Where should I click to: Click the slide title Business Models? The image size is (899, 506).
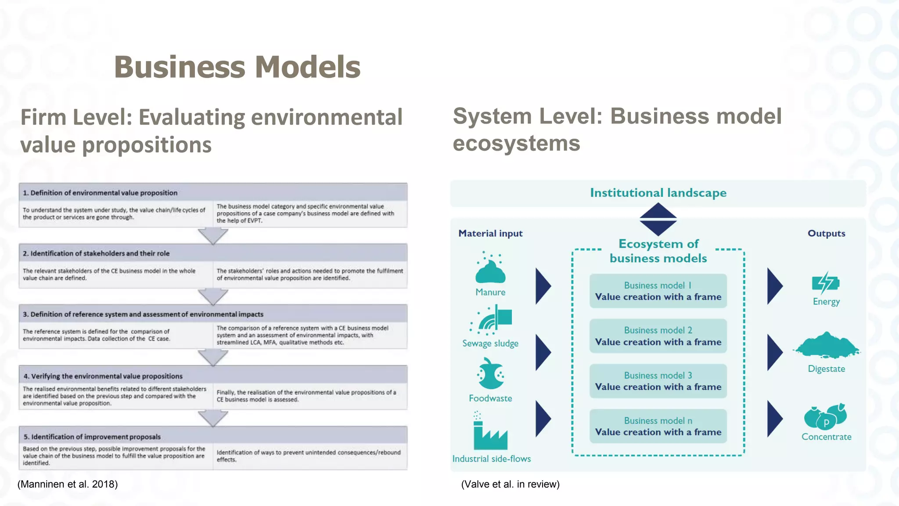pyautogui.click(x=237, y=67)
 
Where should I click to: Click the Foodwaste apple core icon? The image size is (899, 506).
pyautogui.click(x=490, y=374)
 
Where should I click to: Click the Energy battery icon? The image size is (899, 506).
pyautogui.click(x=825, y=283)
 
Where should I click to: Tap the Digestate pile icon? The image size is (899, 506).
pyautogui.click(x=826, y=345)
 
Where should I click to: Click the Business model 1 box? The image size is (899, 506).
pyautogui.click(x=658, y=291)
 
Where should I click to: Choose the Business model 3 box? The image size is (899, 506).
pyautogui.click(x=658, y=381)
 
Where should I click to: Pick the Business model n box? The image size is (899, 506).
pyautogui.click(x=658, y=426)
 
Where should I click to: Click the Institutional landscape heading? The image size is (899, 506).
pyautogui.click(x=658, y=193)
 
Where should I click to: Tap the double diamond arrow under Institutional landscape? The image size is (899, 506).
pyautogui.click(x=658, y=219)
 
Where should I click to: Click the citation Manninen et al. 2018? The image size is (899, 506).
pyautogui.click(x=68, y=484)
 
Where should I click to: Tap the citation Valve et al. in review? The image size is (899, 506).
pyautogui.click(x=510, y=484)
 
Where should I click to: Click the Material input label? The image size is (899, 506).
pyautogui.click(x=490, y=233)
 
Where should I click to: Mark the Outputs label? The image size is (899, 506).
pyautogui.click(x=826, y=233)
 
